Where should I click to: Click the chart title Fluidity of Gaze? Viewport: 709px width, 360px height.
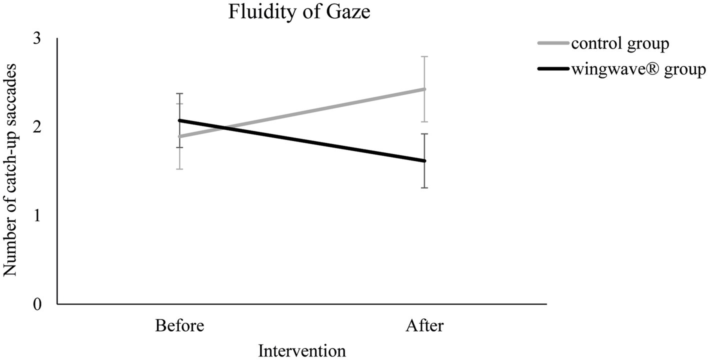pyautogui.click(x=299, y=11)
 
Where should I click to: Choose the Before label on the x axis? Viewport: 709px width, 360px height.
pyautogui.click(x=179, y=325)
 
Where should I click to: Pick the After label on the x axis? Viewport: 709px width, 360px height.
pyautogui.click(x=424, y=325)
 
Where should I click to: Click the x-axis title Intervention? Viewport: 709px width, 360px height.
pyautogui.click(x=301, y=350)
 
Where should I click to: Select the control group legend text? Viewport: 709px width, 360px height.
pyautogui.click(x=619, y=44)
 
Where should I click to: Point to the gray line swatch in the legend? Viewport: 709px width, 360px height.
pyautogui.click(x=553, y=44)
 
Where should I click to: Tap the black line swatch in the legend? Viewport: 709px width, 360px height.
pyautogui.click(x=553, y=69)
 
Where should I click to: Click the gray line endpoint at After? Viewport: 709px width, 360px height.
pyautogui.click(x=424, y=89)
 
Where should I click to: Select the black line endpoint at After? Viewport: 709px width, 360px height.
pyautogui.click(x=424, y=161)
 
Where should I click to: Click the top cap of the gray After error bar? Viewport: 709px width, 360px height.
pyautogui.click(x=424, y=57)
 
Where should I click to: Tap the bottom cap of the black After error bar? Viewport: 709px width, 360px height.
pyautogui.click(x=424, y=187)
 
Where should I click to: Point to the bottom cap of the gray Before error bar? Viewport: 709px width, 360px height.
pyautogui.click(x=179, y=169)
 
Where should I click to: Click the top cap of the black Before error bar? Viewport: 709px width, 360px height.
pyautogui.click(x=179, y=93)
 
